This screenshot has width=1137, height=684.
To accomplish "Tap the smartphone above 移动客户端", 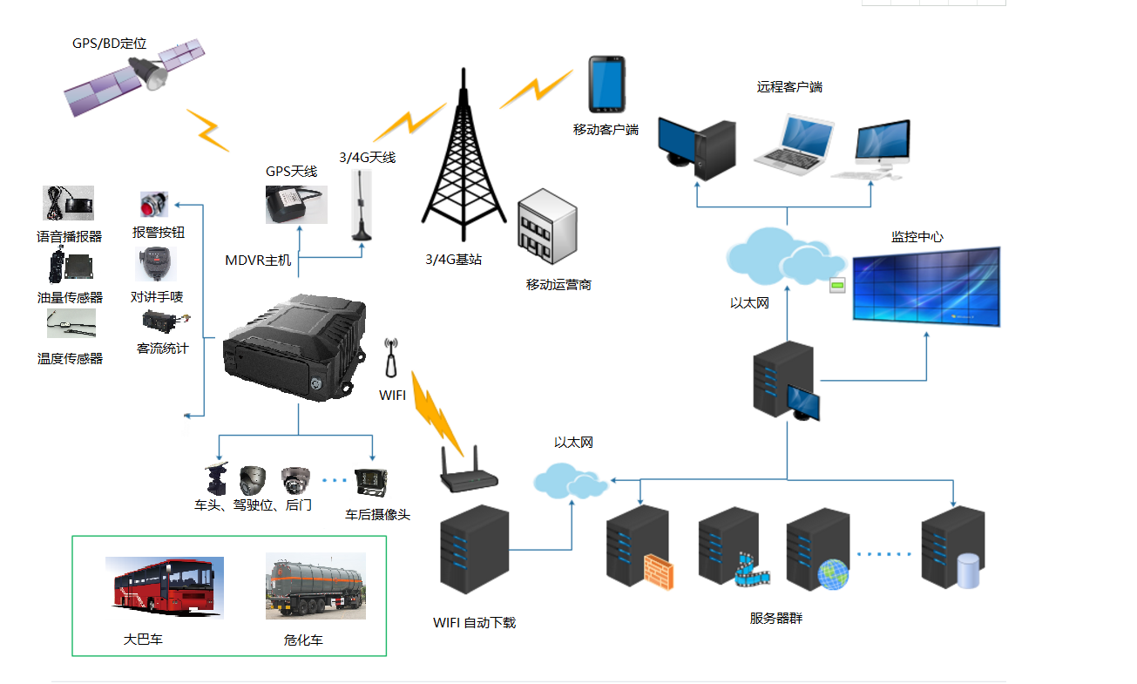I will (x=606, y=85).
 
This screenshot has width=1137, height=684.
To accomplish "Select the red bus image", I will (x=164, y=587).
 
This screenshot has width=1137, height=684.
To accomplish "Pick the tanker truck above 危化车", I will (x=315, y=586).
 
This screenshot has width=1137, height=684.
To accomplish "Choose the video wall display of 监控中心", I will (x=926, y=286).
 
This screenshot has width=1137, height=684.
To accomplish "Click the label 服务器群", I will (x=775, y=619).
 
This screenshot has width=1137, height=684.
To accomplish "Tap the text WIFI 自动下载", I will (x=474, y=623).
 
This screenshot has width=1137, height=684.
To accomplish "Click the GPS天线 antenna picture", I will (x=295, y=205).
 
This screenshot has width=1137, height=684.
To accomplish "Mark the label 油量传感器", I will (x=70, y=297).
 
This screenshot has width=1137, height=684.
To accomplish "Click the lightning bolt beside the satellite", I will (x=208, y=129).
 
